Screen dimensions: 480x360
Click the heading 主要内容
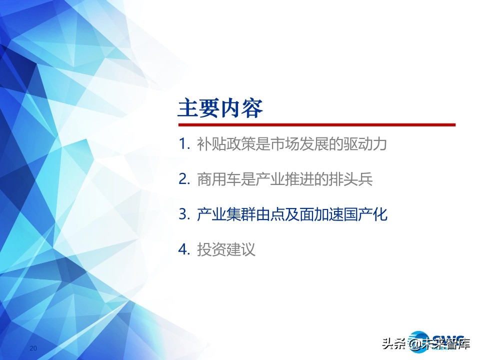pyautogui.click(x=220, y=108)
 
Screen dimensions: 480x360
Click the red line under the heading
pyautogui.click(x=317, y=125)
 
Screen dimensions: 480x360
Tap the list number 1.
pyautogui.click(x=184, y=144)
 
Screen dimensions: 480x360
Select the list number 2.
pyautogui.click(x=184, y=179)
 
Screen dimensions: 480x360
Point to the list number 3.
pyautogui.click(x=184, y=214)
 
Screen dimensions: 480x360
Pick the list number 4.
pyautogui.click(x=184, y=249)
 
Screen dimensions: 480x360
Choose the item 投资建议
pyautogui.click(x=226, y=249)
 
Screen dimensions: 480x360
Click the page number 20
pyautogui.click(x=33, y=348)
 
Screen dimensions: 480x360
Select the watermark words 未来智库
pyautogui.click(x=445, y=343)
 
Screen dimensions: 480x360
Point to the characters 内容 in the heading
pyautogui.click(x=242, y=108)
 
